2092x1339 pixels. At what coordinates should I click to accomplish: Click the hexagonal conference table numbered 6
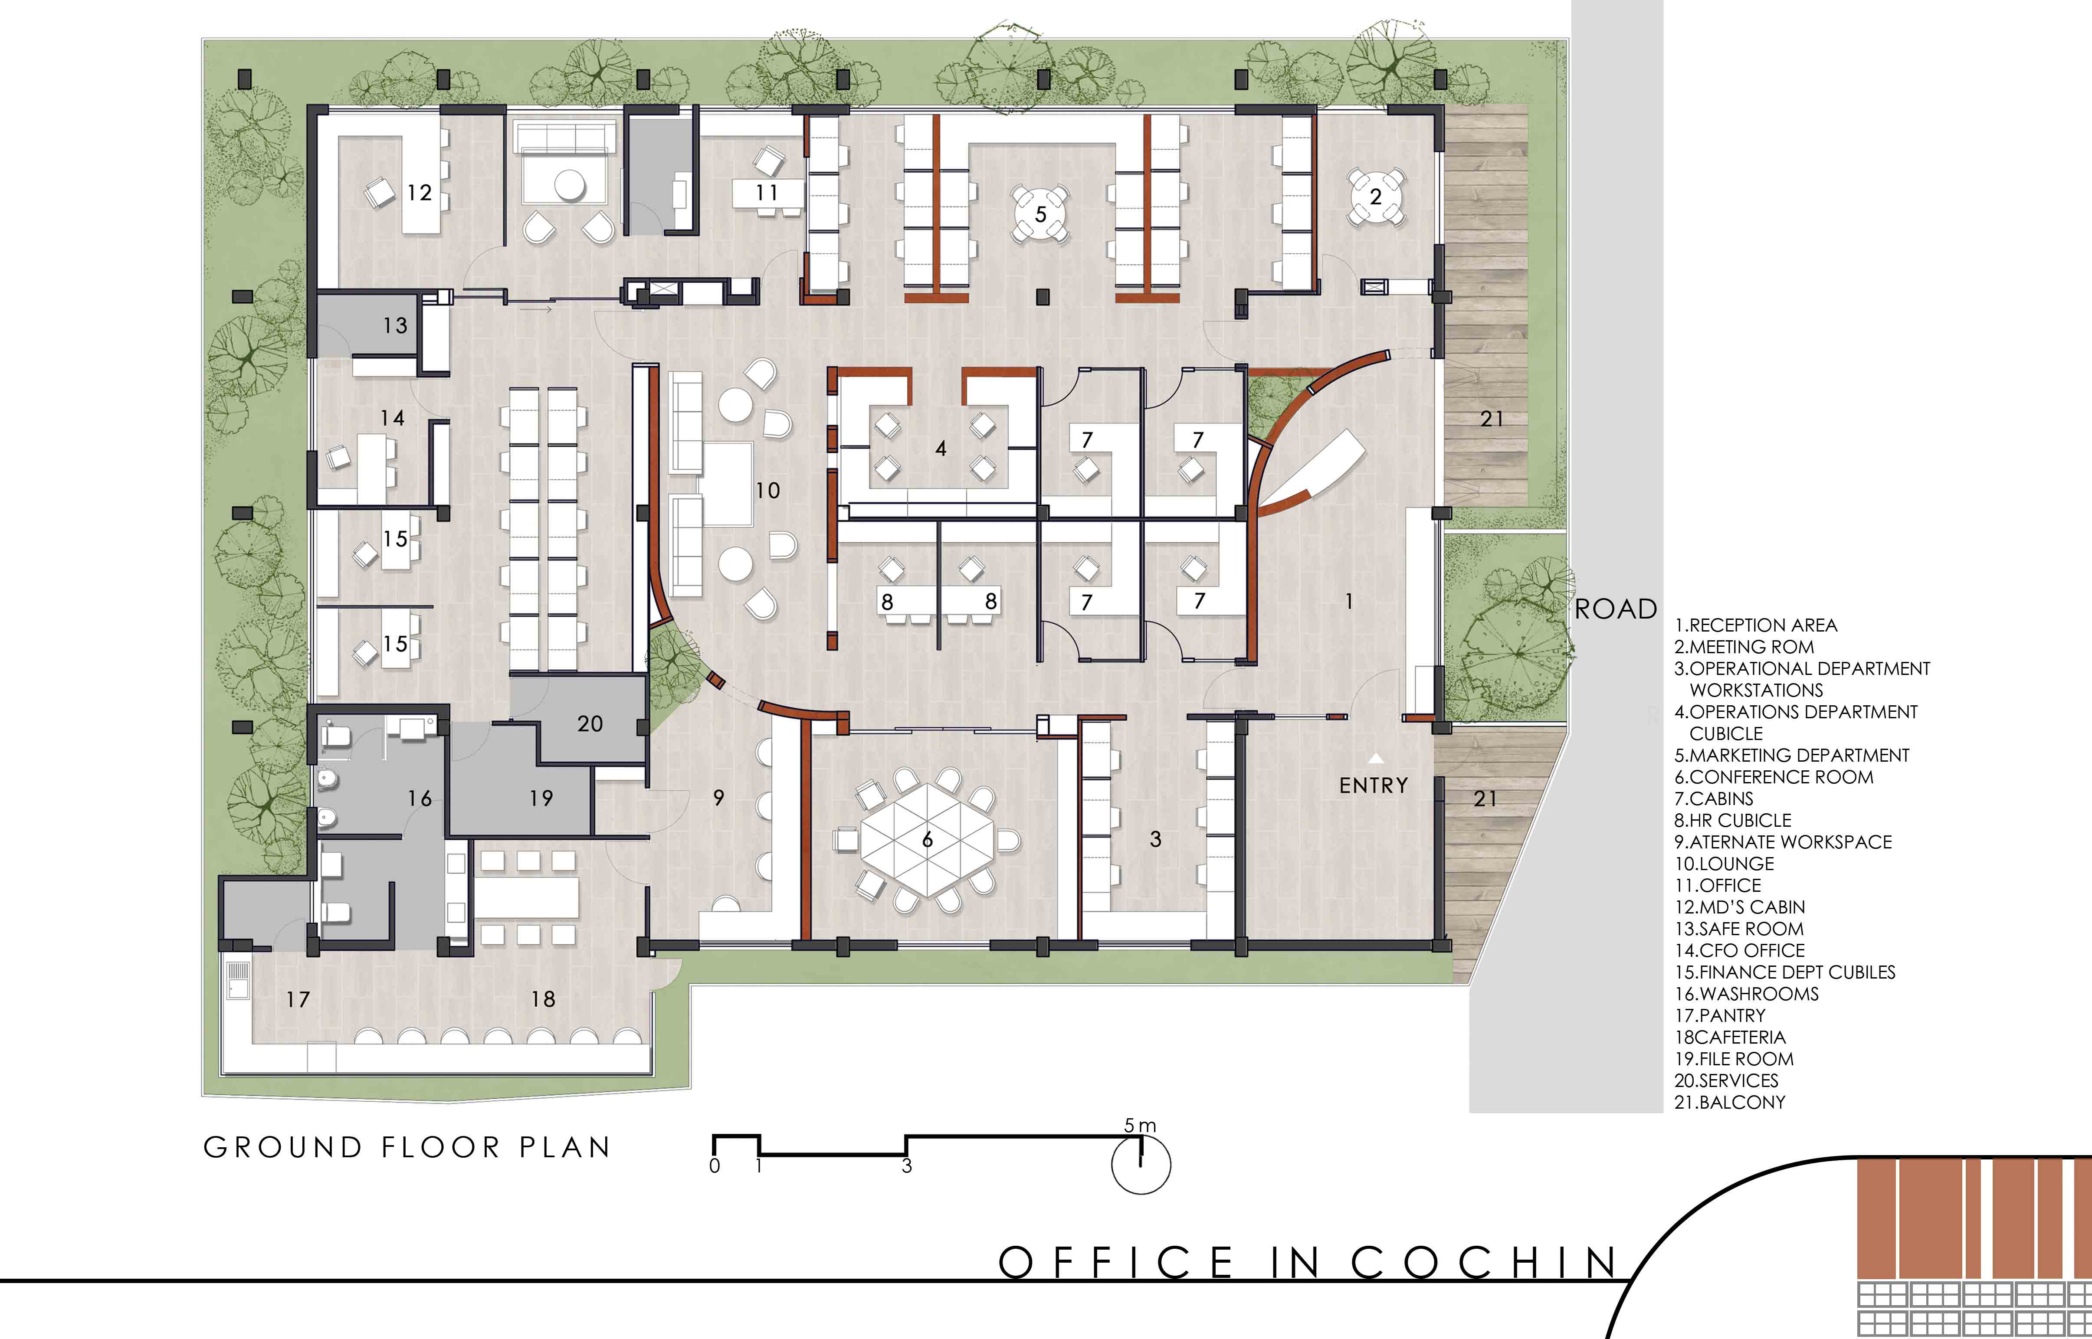coord(927,840)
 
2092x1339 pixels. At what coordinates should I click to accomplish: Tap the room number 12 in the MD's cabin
coord(419,192)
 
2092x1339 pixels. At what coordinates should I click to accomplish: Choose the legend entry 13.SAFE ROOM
coord(1739,929)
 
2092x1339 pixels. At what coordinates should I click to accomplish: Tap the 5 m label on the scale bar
coord(1140,1125)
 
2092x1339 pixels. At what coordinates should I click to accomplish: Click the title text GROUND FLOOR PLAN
coord(407,1148)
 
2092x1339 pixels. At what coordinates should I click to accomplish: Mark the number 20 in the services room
coord(590,724)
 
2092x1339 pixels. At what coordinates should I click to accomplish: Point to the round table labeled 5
coord(1041,214)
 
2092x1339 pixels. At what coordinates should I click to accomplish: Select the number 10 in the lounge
coord(767,491)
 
